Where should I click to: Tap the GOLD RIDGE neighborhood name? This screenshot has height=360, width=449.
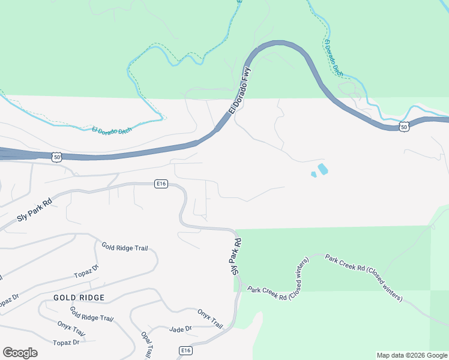click(x=79, y=298)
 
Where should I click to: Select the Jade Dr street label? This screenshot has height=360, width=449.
click(x=180, y=329)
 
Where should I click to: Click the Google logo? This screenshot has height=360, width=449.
click(x=20, y=353)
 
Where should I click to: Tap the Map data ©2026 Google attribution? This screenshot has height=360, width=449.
click(x=412, y=355)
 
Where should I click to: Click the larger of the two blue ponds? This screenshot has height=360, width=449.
click(x=323, y=169)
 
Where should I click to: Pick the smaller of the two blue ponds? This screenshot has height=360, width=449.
click(x=313, y=175)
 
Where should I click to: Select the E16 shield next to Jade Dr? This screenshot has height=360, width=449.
click(x=186, y=350)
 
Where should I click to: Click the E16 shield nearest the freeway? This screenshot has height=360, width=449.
click(x=160, y=183)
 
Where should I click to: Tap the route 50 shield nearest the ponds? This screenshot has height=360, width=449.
click(x=404, y=127)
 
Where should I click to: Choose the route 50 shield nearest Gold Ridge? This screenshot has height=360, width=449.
click(x=56, y=157)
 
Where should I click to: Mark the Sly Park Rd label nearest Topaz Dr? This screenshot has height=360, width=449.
click(x=35, y=209)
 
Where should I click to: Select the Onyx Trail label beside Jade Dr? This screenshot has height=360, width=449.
click(x=210, y=319)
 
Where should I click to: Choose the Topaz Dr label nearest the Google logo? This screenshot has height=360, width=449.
click(x=66, y=343)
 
